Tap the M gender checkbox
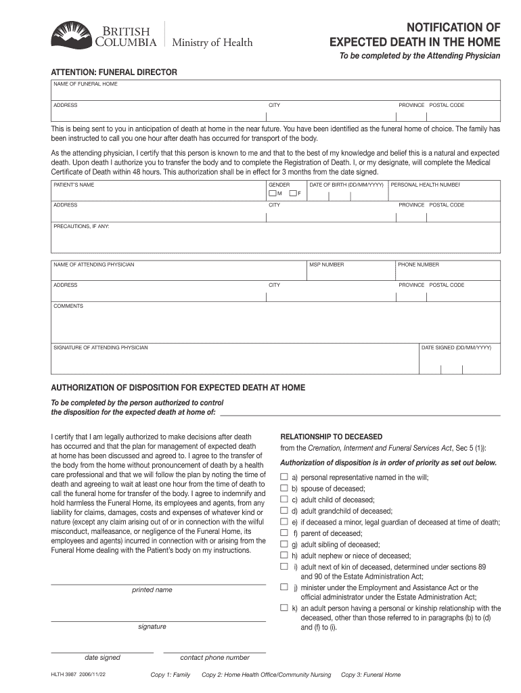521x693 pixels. point(272,194)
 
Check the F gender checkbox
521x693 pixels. point(292,194)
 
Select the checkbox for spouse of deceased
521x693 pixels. point(284,489)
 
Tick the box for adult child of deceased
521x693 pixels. point(284,500)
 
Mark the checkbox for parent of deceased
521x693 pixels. point(284,533)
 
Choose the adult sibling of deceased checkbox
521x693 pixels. point(284,544)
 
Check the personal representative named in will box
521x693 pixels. point(284,478)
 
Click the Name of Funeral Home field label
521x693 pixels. point(86,84)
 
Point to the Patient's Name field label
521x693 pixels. point(74,185)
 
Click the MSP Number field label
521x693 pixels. point(327,265)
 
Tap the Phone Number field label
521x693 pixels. point(419,265)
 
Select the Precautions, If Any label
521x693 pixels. point(81,226)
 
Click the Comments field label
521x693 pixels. point(68,306)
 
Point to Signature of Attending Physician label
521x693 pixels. point(101,348)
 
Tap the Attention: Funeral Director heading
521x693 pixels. point(114,72)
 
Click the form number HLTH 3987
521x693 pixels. point(65,675)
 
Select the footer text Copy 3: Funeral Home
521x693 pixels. point(371,675)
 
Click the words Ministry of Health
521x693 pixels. point(212,43)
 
